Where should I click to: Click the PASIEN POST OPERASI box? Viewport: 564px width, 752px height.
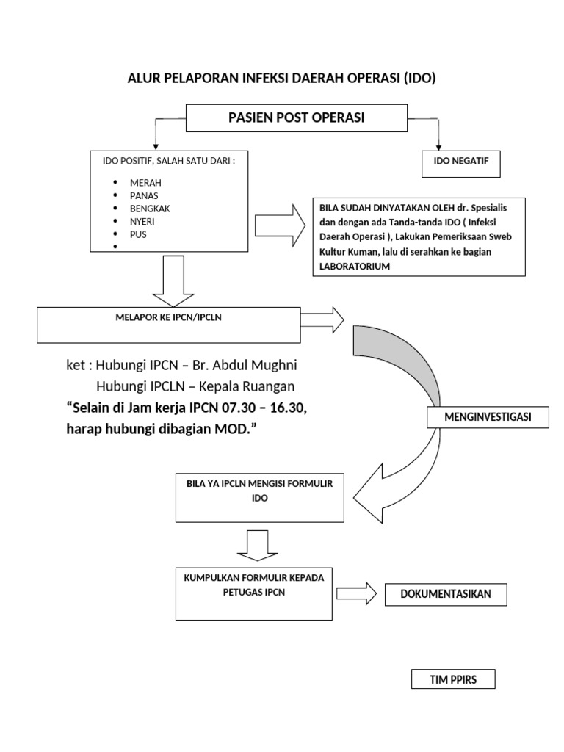click(x=296, y=117)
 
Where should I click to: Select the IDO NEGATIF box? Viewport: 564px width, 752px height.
click(x=461, y=163)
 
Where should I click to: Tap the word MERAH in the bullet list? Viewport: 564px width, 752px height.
click(x=145, y=182)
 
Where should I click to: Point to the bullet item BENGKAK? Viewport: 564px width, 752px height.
click(x=150, y=209)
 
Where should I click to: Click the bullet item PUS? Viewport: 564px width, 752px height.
click(x=139, y=235)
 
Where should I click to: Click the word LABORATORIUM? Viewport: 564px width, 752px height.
click(x=354, y=266)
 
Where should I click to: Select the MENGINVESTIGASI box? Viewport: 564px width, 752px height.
click(x=488, y=418)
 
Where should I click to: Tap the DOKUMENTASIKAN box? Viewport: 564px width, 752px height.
click(x=446, y=594)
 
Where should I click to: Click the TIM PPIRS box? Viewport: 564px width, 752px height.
click(x=453, y=679)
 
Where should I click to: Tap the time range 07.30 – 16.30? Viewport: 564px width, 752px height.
click(x=260, y=408)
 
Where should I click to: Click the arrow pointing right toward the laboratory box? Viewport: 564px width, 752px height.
click(x=281, y=225)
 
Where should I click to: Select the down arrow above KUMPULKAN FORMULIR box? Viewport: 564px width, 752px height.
click(x=257, y=546)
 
